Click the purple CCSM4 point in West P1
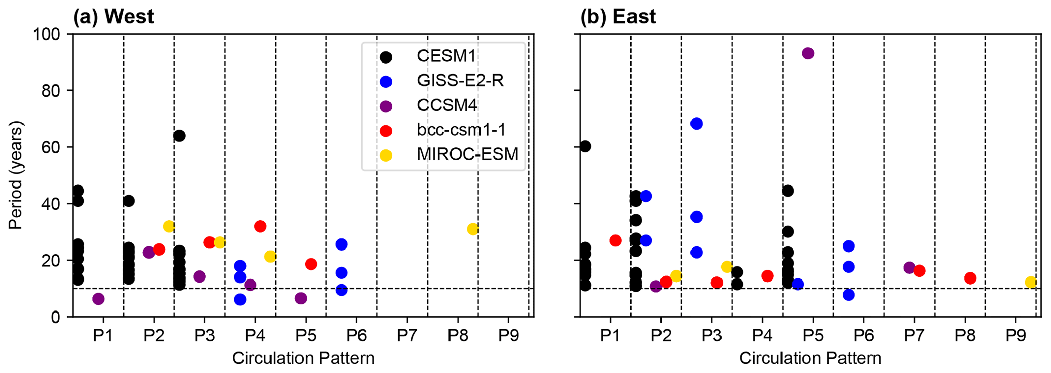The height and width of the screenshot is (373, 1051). click(x=98, y=299)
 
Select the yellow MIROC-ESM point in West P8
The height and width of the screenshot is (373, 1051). click(x=473, y=229)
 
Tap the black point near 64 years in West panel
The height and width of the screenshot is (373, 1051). click(x=179, y=136)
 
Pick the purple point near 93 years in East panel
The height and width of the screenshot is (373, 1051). click(x=808, y=53)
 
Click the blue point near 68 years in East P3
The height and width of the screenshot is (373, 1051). click(x=697, y=123)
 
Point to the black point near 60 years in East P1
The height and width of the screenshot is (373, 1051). click(x=585, y=146)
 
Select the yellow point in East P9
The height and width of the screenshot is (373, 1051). click(x=1031, y=282)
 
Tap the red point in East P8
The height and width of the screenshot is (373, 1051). click(x=970, y=278)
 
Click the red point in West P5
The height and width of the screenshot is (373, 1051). click(x=311, y=264)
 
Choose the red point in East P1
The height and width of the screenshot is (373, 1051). click(x=615, y=240)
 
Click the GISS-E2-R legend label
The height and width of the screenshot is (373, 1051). click(x=460, y=81)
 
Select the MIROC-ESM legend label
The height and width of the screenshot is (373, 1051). click(x=467, y=154)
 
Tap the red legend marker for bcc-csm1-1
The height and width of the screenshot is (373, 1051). click(x=386, y=131)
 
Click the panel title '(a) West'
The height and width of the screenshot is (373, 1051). click(x=113, y=17)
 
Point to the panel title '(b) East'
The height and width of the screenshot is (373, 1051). click(x=618, y=17)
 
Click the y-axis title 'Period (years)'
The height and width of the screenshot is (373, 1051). click(x=16, y=175)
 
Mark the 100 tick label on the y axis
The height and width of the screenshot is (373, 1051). click(x=46, y=35)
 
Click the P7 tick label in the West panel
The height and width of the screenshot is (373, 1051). click(x=407, y=336)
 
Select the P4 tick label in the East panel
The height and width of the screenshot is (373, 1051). click(x=762, y=336)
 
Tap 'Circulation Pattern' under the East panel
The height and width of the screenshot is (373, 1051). click(x=810, y=358)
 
